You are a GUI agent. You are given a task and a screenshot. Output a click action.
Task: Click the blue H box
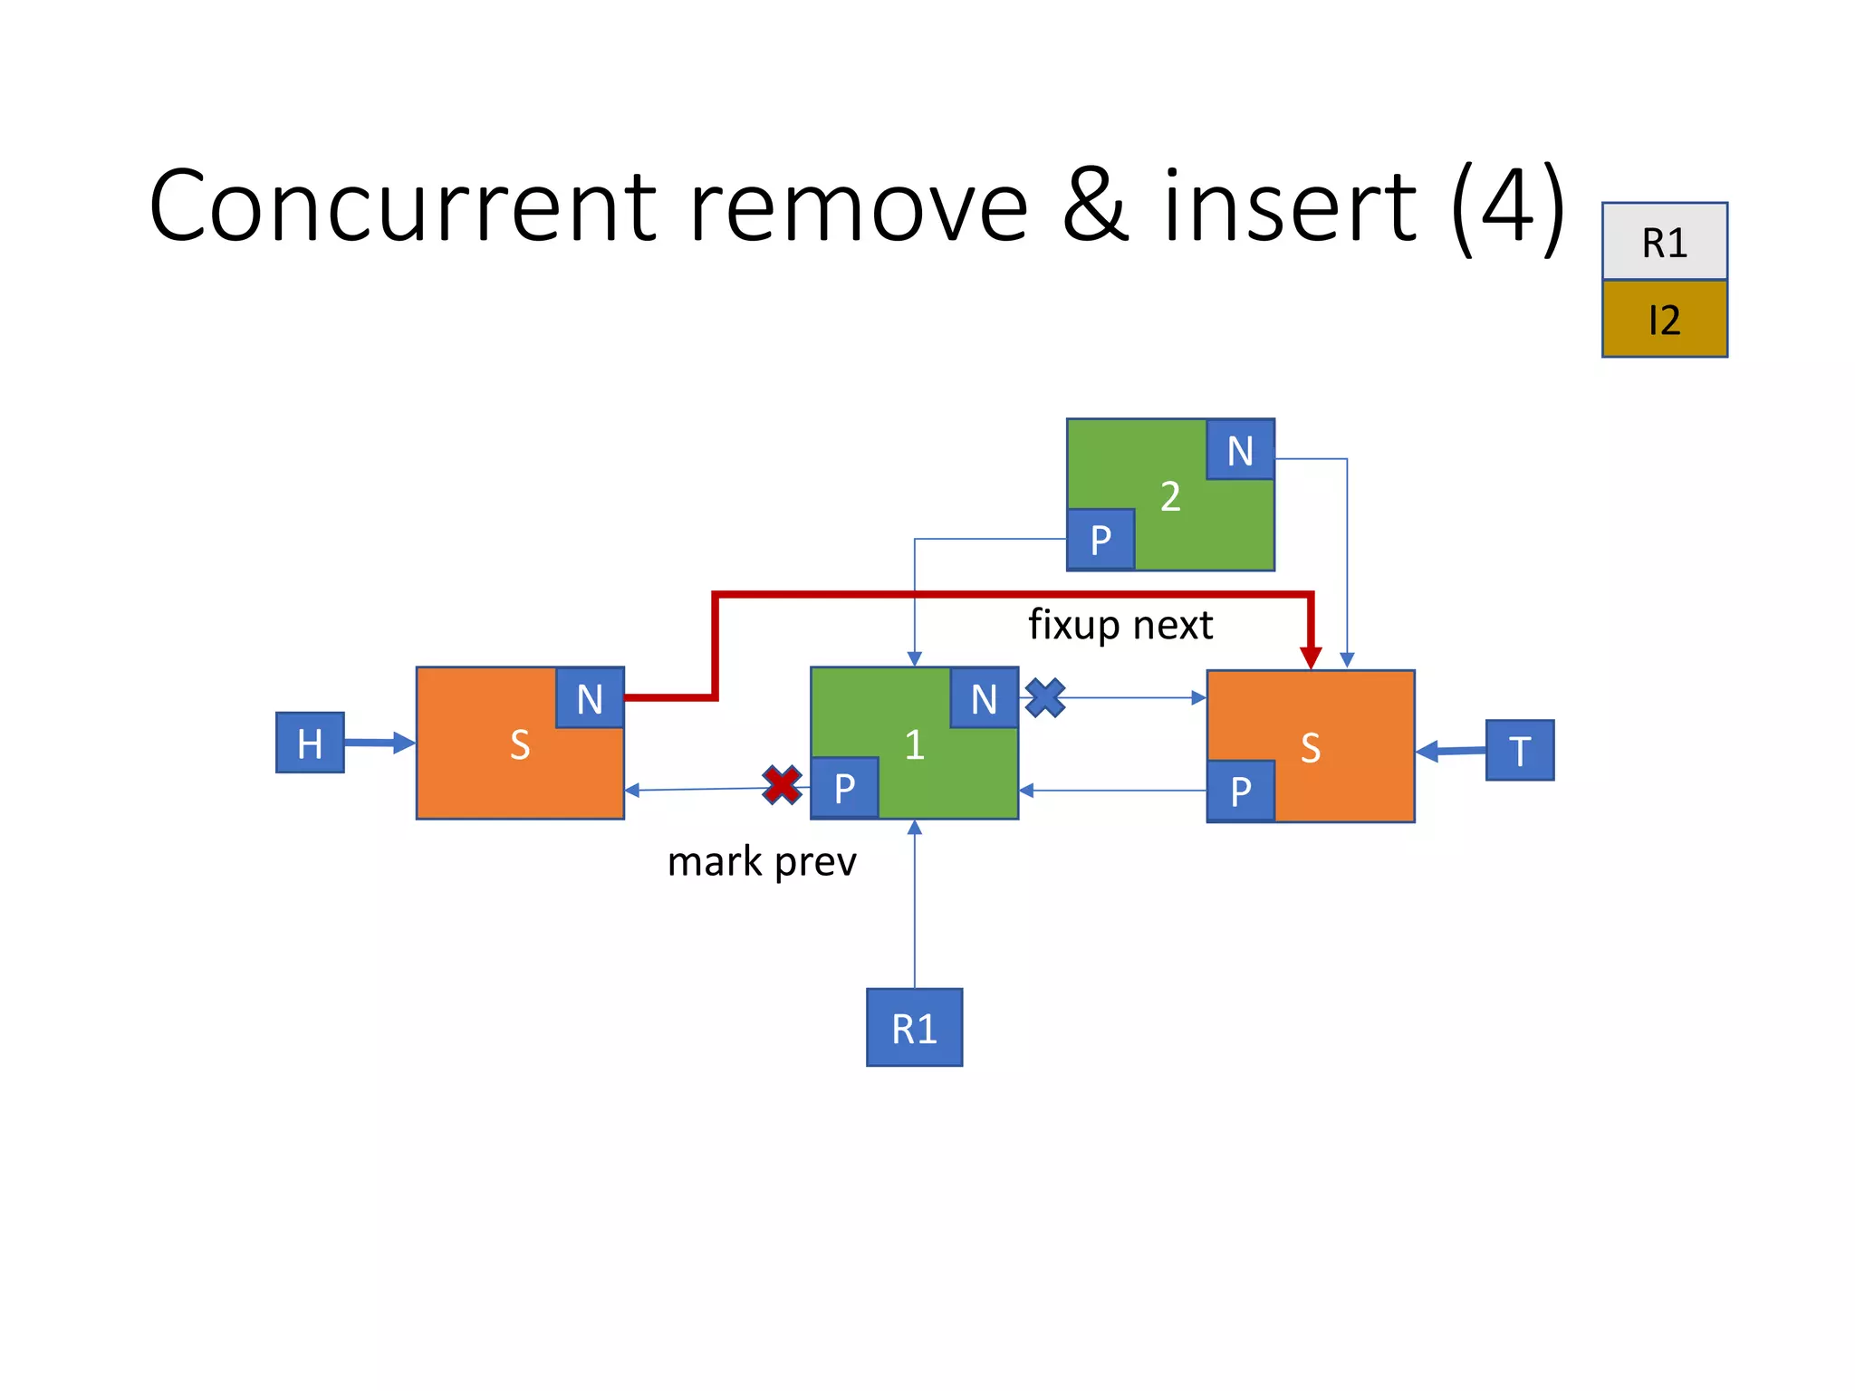(x=310, y=743)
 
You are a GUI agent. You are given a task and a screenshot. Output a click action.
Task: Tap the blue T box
(x=1520, y=750)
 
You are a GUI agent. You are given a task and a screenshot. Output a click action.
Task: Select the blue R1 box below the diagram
(x=914, y=1028)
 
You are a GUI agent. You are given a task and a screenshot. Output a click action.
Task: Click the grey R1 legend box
(x=1664, y=242)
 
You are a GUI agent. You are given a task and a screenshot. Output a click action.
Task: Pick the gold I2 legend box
(x=1664, y=319)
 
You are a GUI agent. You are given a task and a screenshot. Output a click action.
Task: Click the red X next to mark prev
(x=782, y=785)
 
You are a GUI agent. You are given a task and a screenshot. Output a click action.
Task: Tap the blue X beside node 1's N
(x=1045, y=698)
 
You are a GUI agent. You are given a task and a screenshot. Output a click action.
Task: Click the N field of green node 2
(x=1240, y=450)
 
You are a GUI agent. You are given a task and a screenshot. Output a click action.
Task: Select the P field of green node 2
(x=1101, y=540)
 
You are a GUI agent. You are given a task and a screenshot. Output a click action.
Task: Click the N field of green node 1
(x=984, y=698)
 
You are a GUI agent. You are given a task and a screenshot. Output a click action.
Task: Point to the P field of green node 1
(x=844, y=788)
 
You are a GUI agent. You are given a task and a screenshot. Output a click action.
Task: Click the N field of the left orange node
(x=590, y=698)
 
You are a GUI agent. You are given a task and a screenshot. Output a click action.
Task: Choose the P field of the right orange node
(x=1241, y=791)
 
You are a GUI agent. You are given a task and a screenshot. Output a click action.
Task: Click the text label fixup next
(x=1120, y=625)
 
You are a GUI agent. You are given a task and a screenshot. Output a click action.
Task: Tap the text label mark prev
(x=762, y=861)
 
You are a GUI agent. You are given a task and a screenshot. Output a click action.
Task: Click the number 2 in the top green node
(x=1170, y=496)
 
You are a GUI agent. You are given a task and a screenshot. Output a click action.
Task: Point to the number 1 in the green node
(x=914, y=744)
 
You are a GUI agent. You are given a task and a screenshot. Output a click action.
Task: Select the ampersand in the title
(x=1095, y=207)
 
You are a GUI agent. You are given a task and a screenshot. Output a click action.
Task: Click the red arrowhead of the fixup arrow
(x=1311, y=657)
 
